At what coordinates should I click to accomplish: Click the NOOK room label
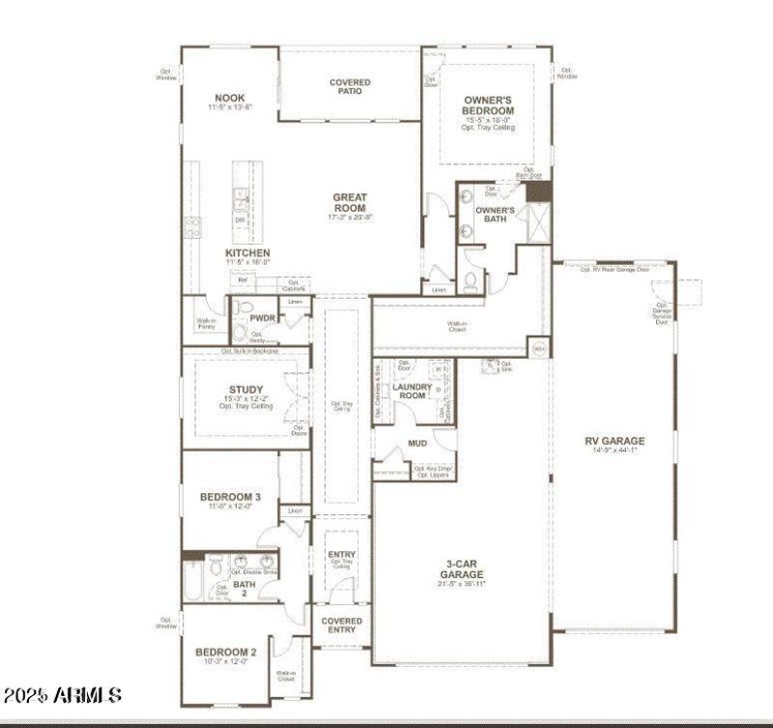(x=230, y=98)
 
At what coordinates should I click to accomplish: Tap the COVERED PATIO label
(x=350, y=88)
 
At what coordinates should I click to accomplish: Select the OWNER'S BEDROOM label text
(x=488, y=105)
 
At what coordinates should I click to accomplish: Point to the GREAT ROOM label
(x=350, y=202)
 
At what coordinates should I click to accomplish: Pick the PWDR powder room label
(x=263, y=317)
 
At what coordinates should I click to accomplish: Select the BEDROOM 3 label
(x=231, y=497)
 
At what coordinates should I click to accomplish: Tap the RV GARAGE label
(x=614, y=442)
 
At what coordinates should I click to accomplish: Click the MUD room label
(x=417, y=444)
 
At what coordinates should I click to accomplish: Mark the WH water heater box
(x=537, y=347)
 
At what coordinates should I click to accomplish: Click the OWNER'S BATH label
(x=495, y=214)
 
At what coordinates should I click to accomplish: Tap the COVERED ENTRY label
(x=341, y=626)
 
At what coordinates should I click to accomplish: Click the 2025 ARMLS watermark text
(x=63, y=695)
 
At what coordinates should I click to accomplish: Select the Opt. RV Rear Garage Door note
(x=614, y=270)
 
